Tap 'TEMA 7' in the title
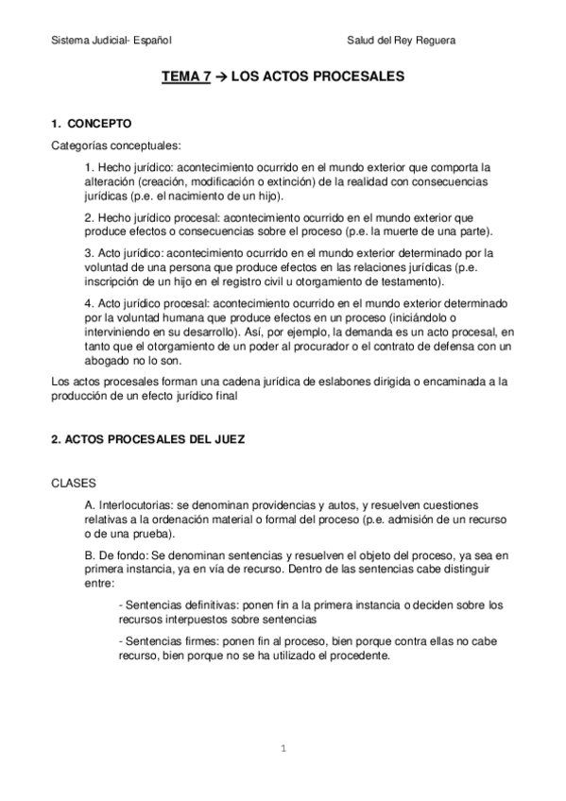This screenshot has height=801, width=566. (186, 82)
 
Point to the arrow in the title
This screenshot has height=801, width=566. (221, 82)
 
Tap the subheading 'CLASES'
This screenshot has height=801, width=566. (69, 483)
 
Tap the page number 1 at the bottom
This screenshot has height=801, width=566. (283, 749)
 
